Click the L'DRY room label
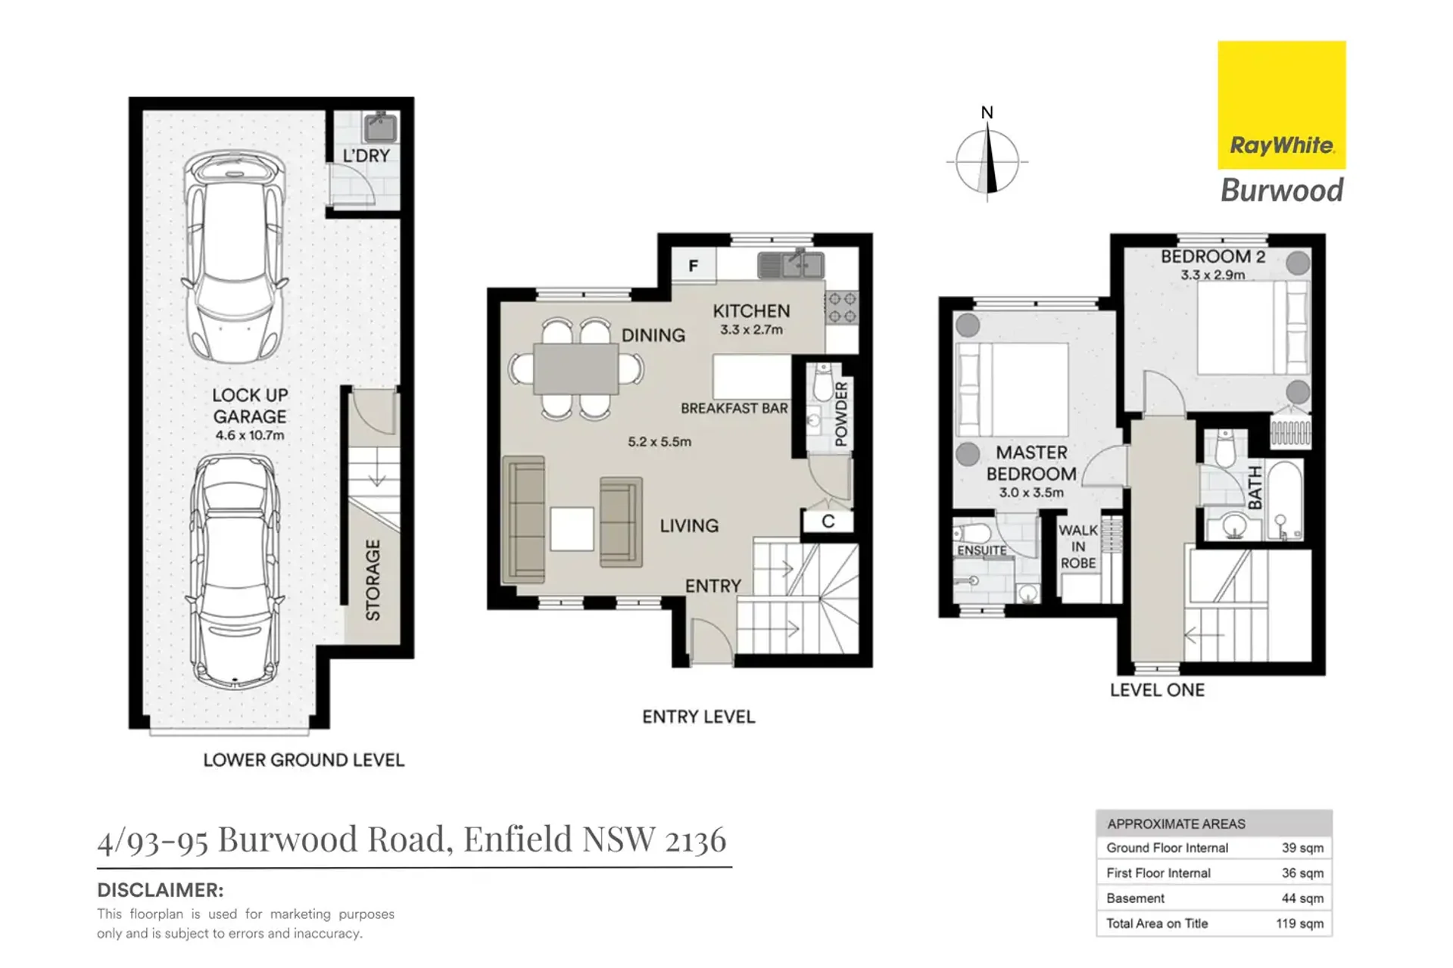tap(366, 156)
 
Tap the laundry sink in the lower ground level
tap(380, 128)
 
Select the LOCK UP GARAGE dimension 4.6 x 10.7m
tap(250, 435)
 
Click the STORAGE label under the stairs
tap(373, 580)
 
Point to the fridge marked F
tap(694, 266)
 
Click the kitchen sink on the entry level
tap(790, 265)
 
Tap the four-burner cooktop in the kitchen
tap(842, 308)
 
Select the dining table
tap(576, 369)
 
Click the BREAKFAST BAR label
tap(734, 409)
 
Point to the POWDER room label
tap(841, 414)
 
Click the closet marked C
tap(828, 521)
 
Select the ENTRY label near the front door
tap(713, 586)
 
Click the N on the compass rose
tap(987, 113)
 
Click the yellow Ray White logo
tap(1282, 105)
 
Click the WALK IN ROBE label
tap(1078, 546)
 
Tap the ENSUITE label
tap(982, 550)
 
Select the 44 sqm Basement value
tap(1302, 898)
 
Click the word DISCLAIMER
tap(160, 890)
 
